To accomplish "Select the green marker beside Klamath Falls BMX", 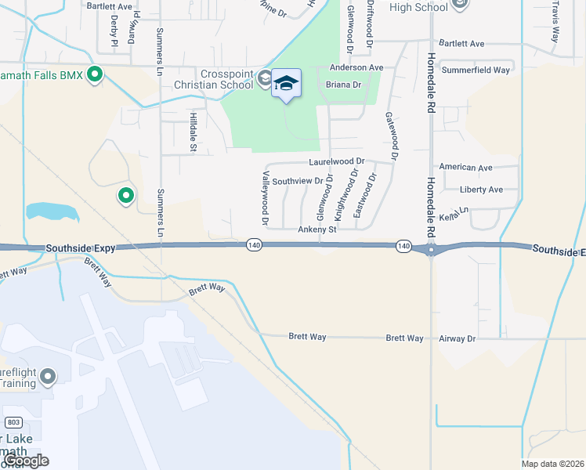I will pos(96,76).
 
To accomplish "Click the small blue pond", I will pos(52,211).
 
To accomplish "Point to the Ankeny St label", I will pos(317,230).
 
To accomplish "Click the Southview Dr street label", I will pos(298,181).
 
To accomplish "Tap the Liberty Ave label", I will pos(481,190).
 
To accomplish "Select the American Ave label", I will pos(465,168).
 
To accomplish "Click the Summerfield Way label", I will pos(476,70).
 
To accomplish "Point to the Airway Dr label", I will pos(460,338).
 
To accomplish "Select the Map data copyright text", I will pos(552,463).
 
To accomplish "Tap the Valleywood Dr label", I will pos(266,200).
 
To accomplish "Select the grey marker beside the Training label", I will pos(48,378).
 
